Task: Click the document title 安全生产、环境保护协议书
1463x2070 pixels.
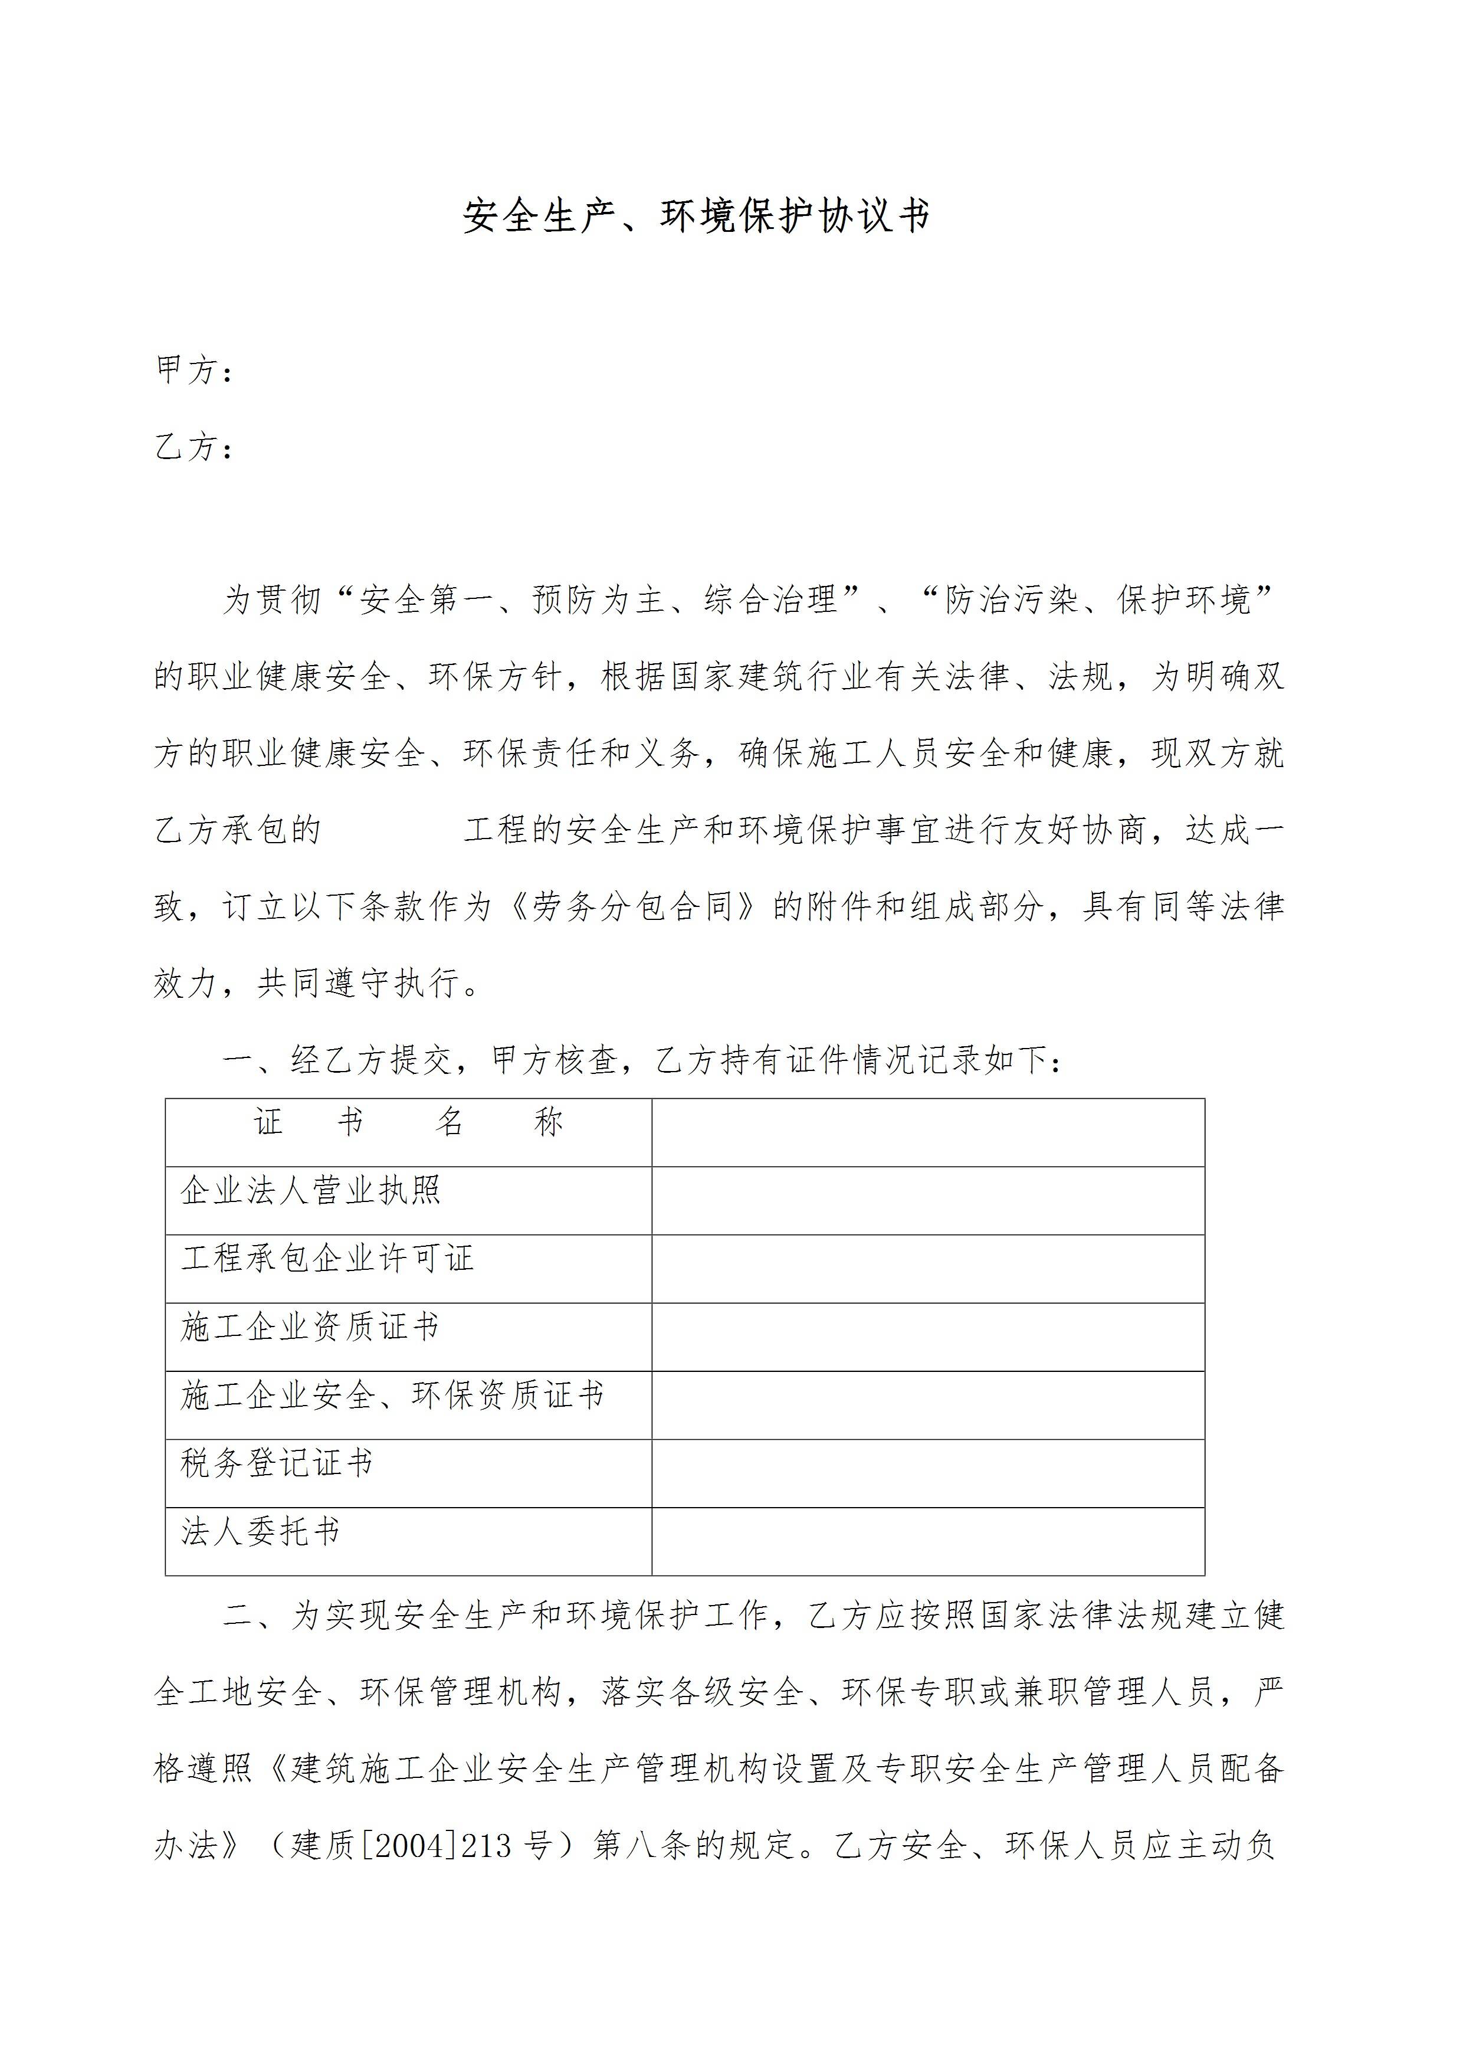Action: coord(696,217)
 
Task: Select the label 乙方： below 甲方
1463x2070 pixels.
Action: coord(195,447)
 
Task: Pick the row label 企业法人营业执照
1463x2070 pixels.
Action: coord(310,1192)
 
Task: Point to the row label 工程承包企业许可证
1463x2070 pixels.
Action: coord(327,1259)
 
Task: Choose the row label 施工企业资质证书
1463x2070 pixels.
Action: coord(310,1327)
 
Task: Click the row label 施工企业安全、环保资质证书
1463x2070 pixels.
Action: coord(392,1396)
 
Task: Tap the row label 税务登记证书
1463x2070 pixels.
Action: coord(277,1463)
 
